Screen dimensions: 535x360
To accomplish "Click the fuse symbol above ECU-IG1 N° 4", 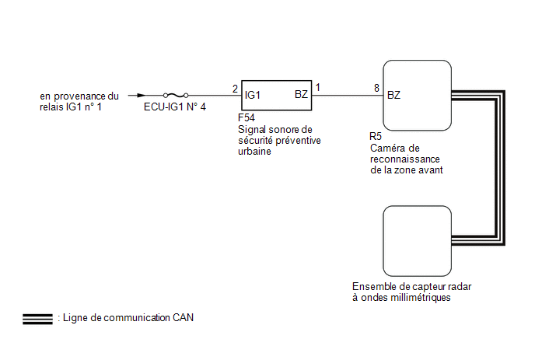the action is tap(176, 95).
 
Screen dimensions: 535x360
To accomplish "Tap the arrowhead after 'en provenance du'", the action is tap(142, 95).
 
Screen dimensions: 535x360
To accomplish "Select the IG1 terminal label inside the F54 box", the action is tap(253, 95).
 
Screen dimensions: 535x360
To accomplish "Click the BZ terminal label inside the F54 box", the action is tap(301, 95).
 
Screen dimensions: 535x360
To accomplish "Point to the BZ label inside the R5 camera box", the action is tap(393, 95).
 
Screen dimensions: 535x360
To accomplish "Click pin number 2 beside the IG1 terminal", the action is tap(235, 89).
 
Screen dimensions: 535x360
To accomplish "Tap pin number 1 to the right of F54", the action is tap(317, 88).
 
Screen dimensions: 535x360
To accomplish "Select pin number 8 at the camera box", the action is tap(376, 88).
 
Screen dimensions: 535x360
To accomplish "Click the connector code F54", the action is tap(247, 117).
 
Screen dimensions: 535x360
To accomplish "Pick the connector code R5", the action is tap(376, 137).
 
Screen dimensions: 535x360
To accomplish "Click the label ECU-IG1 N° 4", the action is tap(175, 107).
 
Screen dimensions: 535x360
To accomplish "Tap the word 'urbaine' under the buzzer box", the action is tap(254, 151).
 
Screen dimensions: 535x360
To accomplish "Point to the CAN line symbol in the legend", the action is tap(37, 319).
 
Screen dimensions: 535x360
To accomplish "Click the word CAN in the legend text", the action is tap(183, 318).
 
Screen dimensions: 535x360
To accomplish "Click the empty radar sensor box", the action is tap(417, 241).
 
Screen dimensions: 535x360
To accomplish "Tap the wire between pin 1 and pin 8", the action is tap(348, 95).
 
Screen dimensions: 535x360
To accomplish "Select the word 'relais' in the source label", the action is tap(51, 107).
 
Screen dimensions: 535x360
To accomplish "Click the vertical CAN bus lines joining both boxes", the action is tap(500, 167).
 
